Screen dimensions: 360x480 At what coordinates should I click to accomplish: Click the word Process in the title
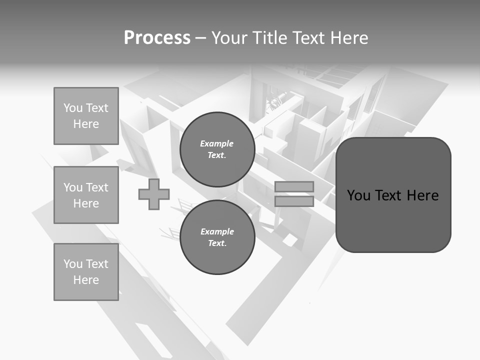click(x=157, y=38)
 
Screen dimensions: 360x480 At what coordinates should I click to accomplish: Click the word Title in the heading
click(x=270, y=38)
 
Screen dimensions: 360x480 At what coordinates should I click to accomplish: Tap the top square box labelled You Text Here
click(x=86, y=116)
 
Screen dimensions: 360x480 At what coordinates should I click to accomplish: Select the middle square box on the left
click(x=86, y=195)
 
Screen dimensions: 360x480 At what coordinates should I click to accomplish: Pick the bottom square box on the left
click(x=86, y=272)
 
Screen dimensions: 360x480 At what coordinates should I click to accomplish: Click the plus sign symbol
click(x=154, y=194)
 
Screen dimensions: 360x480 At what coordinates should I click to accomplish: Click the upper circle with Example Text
click(x=217, y=149)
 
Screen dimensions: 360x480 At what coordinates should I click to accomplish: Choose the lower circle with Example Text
click(x=217, y=237)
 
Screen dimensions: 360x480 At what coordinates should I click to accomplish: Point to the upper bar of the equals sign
click(x=294, y=186)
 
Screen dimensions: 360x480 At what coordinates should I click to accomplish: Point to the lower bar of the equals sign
click(x=294, y=201)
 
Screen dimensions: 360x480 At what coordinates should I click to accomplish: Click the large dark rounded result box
click(x=393, y=220)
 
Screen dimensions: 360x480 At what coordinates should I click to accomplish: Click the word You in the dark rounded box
click(x=358, y=195)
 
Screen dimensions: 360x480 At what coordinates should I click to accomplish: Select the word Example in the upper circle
click(x=217, y=143)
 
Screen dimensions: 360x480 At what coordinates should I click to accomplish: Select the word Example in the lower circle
click(x=217, y=231)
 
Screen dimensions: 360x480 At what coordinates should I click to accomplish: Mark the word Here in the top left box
click(x=86, y=124)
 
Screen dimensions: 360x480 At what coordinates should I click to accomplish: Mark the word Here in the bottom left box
click(x=86, y=280)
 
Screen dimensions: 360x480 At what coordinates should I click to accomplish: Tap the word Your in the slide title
click(x=230, y=38)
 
